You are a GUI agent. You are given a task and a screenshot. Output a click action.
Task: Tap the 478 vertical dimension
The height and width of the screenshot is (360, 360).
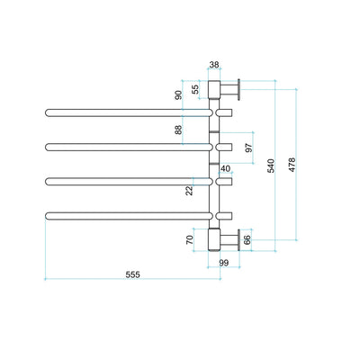point(292,164)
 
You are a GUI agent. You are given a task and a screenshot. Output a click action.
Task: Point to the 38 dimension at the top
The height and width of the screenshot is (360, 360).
point(214,65)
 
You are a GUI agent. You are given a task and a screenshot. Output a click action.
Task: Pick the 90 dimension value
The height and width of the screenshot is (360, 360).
point(179,94)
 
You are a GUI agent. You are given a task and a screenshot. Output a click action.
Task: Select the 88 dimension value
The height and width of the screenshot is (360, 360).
point(178,130)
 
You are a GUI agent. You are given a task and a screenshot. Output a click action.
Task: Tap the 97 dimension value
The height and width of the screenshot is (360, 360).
point(249,147)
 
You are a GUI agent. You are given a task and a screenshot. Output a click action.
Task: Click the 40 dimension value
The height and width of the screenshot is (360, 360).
point(225,168)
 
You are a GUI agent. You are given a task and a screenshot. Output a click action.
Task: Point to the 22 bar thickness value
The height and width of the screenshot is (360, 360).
point(190,189)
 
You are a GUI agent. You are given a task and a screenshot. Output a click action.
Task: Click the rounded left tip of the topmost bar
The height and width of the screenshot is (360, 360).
point(48,112)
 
